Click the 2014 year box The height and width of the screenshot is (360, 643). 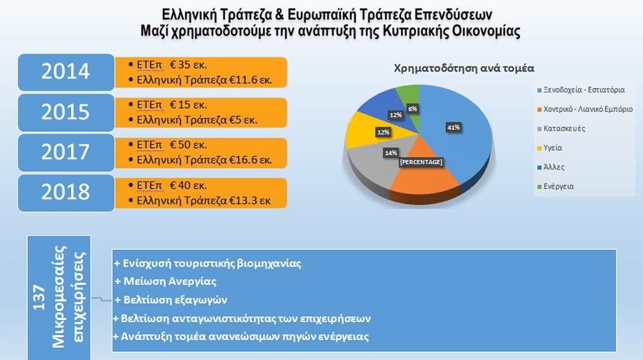(66, 72)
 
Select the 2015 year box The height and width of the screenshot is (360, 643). (66, 112)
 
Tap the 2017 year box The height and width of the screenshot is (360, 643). (66, 152)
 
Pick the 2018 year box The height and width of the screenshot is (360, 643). (66, 192)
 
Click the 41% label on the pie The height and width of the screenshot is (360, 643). (454, 127)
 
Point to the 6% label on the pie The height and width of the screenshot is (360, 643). (412, 108)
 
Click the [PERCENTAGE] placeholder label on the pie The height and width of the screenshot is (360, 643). (422, 163)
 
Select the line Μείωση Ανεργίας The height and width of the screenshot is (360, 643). (165, 281)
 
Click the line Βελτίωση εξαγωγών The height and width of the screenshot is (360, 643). (171, 299)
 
